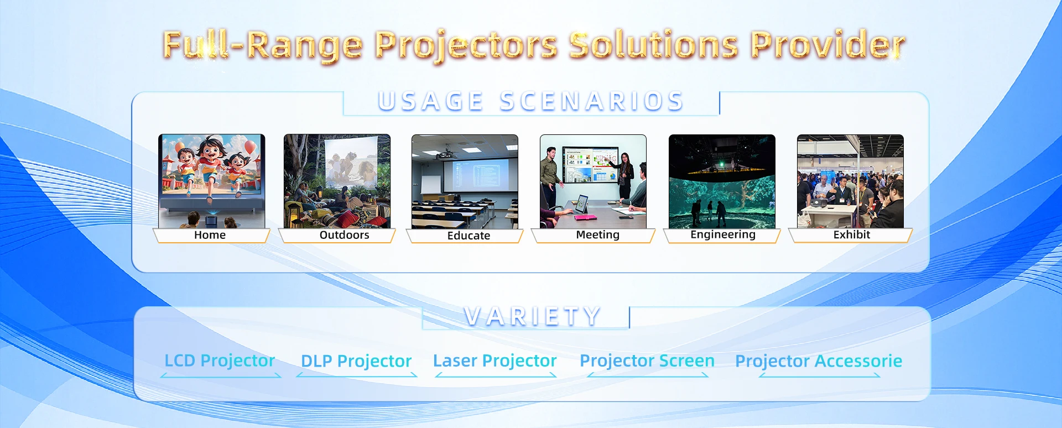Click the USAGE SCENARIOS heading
531,101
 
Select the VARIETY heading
532,316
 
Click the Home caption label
210,235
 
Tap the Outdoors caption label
344,235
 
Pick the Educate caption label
468,236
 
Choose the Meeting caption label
597,235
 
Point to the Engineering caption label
722,234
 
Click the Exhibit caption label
851,234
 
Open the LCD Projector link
220,361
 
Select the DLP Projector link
356,361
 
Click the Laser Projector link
494,361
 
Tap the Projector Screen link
647,361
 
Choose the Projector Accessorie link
819,361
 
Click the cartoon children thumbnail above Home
212,181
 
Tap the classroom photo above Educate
465,181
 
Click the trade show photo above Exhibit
850,181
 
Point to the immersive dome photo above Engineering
722,181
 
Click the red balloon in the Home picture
250,147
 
